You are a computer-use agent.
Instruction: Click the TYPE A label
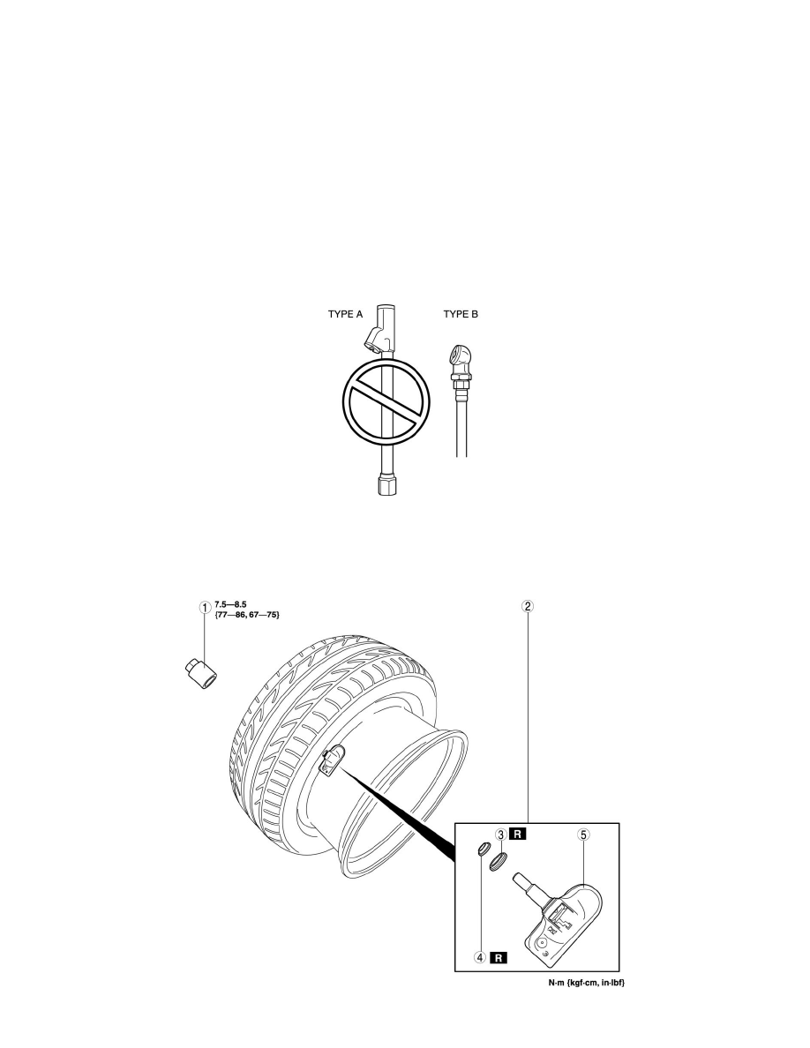tap(345, 314)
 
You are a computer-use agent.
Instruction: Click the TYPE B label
tap(461, 314)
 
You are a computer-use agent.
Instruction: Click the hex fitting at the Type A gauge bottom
tap(387, 484)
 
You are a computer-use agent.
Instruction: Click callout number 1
tap(205, 608)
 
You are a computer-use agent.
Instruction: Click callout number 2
tap(528, 607)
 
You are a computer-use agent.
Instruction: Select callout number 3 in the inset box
tap(500, 835)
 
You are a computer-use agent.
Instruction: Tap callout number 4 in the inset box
tap(481, 957)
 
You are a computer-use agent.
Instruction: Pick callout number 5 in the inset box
tap(583, 835)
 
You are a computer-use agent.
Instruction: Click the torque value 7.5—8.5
tap(230, 605)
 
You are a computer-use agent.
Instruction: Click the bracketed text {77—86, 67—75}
tap(246, 614)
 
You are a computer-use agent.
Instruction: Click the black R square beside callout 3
tap(518, 835)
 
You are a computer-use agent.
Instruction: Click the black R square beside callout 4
tap(499, 957)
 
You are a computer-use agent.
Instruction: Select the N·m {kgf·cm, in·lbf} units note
tap(587, 983)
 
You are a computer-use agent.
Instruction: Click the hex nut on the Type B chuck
tap(460, 382)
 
